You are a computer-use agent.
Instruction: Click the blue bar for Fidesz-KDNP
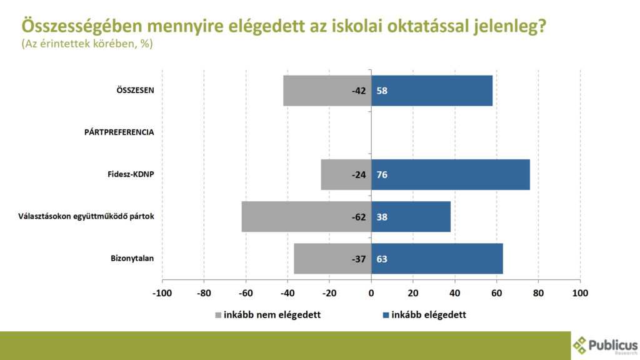coord(451,174)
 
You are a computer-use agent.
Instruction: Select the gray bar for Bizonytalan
coord(332,259)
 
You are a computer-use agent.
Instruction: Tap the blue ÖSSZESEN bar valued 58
coord(432,91)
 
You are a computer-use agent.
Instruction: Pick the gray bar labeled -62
coord(306,217)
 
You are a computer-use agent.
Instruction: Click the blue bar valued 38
coord(411,217)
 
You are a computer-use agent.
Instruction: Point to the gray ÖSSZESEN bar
coord(327,91)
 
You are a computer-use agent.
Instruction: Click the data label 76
coord(382,174)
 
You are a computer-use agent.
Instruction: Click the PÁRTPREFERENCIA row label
coord(119,132)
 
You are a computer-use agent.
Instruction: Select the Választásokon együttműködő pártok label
coord(84,217)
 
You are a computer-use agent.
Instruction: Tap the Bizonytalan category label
coord(132,259)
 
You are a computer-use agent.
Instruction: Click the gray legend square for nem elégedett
coord(218,315)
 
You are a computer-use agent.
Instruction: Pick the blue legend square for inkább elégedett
coord(386,315)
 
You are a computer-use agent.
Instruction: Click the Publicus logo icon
coord(580,345)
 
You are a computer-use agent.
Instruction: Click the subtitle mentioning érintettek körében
coord(87,44)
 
